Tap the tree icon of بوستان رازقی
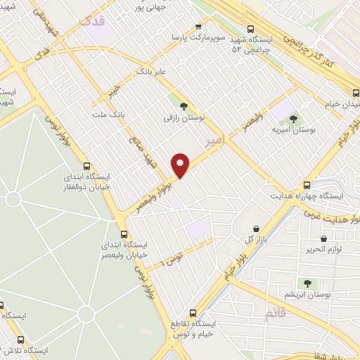click(x=184, y=107)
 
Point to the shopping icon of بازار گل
click(x=255, y=229)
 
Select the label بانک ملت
click(x=108, y=113)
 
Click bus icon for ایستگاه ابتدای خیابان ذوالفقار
click(x=86, y=167)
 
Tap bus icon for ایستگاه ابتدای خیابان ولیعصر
click(x=124, y=234)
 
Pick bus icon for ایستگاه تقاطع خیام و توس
click(x=193, y=313)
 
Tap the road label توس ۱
click(x=172, y=257)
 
